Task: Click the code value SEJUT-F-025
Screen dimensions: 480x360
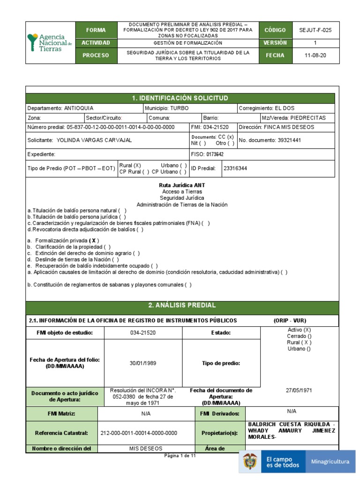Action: tap(315, 30)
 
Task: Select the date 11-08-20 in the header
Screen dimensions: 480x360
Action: tap(315, 55)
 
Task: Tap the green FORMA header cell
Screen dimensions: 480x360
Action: tap(96, 30)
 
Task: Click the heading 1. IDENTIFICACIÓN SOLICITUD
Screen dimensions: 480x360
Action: tap(180, 98)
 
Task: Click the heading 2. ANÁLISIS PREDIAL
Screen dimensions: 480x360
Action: tap(182, 305)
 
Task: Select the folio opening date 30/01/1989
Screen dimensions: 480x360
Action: tap(143, 363)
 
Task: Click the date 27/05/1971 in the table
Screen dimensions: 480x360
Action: tap(299, 390)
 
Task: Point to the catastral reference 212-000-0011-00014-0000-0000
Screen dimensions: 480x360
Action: tap(139, 434)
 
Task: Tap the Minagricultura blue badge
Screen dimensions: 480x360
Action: tap(330, 462)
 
